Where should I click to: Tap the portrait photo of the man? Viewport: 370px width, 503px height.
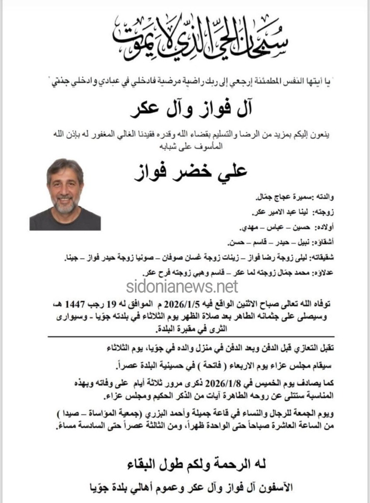tap(65, 194)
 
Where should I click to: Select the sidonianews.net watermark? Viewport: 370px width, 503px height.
tap(182, 286)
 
